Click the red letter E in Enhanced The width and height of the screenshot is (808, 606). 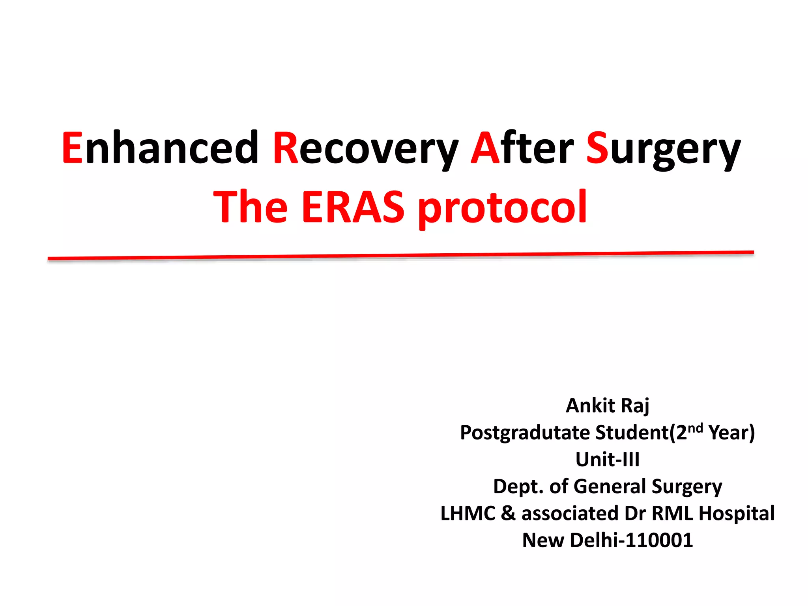[73, 148]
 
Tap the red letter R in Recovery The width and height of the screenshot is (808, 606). [286, 148]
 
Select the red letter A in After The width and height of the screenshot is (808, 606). [485, 148]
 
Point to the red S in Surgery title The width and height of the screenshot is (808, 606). [597, 148]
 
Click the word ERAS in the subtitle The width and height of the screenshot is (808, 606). [353, 207]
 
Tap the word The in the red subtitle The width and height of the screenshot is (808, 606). [251, 207]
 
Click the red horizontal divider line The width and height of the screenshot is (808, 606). [400, 255]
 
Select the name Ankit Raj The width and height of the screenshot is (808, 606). [607, 406]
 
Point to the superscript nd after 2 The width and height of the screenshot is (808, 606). [695, 428]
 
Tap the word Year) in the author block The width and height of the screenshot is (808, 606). [731, 433]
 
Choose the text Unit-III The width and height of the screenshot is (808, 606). [607, 460]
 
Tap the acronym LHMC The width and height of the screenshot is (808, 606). [468, 513]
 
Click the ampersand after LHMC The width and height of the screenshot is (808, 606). [508, 513]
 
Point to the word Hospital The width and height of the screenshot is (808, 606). [737, 513]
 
